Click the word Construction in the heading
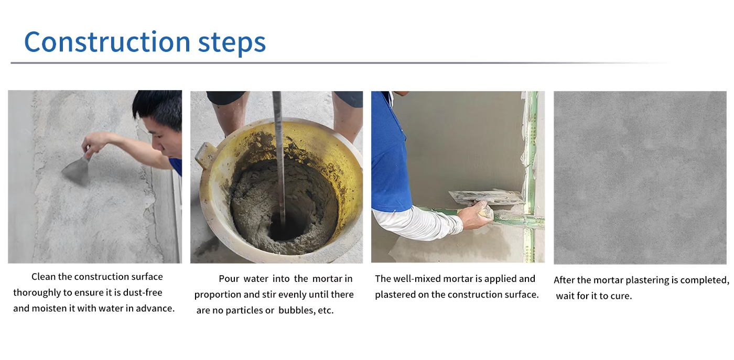107,41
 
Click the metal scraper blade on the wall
76,170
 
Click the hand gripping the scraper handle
93,144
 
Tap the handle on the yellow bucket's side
206,155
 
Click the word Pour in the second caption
229,279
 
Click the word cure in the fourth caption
621,296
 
